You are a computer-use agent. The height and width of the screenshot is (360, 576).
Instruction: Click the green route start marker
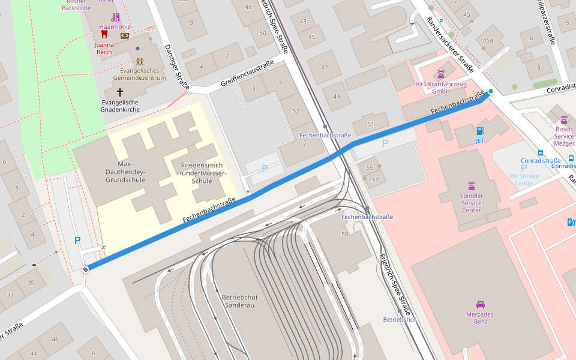490,91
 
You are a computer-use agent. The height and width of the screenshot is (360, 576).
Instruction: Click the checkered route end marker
86,269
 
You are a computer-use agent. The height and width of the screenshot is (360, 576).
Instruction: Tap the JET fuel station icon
479,131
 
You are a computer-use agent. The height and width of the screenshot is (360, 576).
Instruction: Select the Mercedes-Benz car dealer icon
480,305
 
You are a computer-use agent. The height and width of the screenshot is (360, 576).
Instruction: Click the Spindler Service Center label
471,203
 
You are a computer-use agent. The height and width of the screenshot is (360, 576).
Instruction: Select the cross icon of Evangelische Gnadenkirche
120,92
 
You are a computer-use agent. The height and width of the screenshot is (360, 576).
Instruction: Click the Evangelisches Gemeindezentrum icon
139,61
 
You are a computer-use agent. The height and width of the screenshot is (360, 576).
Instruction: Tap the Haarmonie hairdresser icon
115,17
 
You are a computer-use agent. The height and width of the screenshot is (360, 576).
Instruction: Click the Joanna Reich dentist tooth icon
104,35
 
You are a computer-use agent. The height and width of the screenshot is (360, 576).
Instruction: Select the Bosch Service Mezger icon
563,119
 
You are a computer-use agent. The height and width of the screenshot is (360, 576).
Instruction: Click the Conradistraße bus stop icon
541,152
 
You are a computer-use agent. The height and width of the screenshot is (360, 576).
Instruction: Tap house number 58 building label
345,234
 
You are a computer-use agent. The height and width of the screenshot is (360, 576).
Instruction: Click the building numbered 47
325,68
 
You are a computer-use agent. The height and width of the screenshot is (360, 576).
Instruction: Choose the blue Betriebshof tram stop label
400,319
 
